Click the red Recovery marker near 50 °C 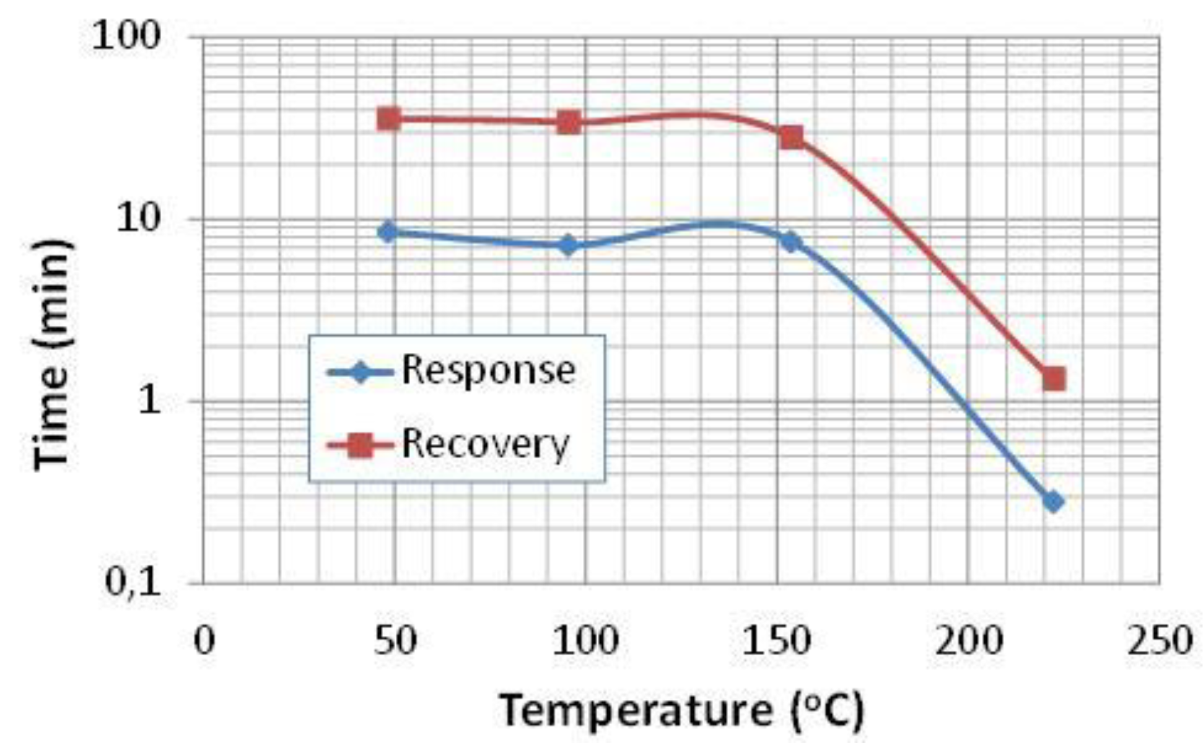pos(388,118)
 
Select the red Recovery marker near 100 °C pos(569,123)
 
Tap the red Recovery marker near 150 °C pos(791,137)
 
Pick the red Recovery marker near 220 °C pos(1054,378)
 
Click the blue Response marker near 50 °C pos(388,232)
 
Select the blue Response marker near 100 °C pos(568,245)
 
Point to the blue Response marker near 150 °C pos(790,241)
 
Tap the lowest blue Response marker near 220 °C pos(1052,501)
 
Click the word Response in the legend pos(488,371)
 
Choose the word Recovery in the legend pos(485,444)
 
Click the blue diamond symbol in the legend pos(360,372)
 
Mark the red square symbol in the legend pos(360,445)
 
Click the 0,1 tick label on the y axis pos(132,582)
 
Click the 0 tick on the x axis pos(204,640)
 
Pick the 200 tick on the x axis pos(968,640)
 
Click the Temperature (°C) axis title pos(681,710)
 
